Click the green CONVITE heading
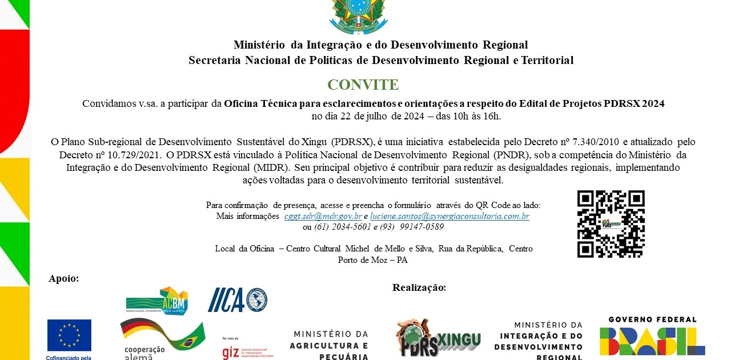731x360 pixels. [x=363, y=85]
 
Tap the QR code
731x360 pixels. [x=610, y=224]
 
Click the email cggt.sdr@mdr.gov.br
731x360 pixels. [x=323, y=216]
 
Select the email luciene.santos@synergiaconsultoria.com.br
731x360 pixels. [x=449, y=216]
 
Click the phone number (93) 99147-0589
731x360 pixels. [x=412, y=226]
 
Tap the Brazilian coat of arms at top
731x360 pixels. [x=359, y=16]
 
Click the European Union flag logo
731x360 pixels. [x=69, y=335]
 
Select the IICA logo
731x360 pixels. [x=237, y=299]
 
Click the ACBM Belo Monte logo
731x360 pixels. [x=157, y=301]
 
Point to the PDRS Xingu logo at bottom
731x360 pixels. [x=438, y=338]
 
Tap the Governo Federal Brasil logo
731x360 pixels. [x=652, y=337]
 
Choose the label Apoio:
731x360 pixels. [x=64, y=279]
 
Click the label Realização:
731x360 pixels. [x=419, y=287]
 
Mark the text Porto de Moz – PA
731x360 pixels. [x=373, y=259]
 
